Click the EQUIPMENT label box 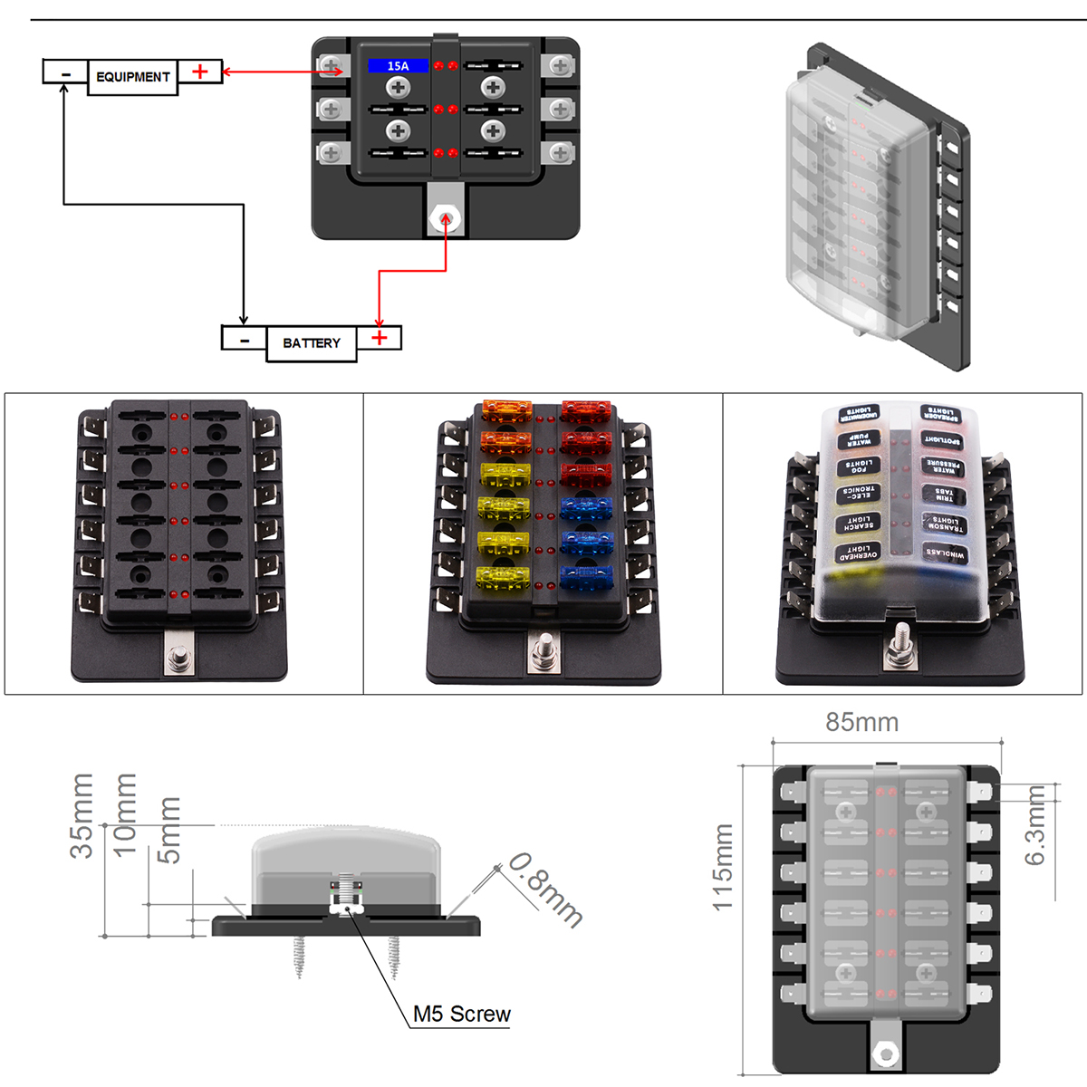coord(132,77)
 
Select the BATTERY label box coord(311,343)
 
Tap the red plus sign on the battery coord(380,338)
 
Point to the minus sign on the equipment coord(65,72)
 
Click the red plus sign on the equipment coord(200,72)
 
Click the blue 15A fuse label coord(398,66)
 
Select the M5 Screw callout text coord(461,1015)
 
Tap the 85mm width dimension coord(861,723)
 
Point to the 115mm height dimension coord(722,867)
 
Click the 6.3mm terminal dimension coord(1035,825)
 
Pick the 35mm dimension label coord(82,815)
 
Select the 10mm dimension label coord(124,813)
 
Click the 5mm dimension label coord(169,829)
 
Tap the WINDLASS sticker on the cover coord(945,553)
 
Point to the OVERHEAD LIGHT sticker coord(857,553)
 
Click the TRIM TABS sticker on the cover coord(944,495)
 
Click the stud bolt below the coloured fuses coord(545,650)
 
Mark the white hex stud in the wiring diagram coord(446,218)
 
